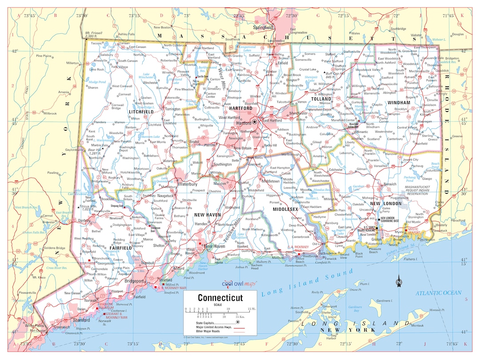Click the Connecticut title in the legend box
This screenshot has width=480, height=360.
coord(220,297)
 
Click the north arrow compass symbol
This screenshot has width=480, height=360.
coord(399,281)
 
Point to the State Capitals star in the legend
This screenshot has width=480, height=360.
coord(238,321)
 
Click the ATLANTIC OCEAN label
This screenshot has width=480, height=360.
coord(439,293)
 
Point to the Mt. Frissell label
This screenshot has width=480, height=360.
coord(94,33)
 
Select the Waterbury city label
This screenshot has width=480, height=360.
coord(187,184)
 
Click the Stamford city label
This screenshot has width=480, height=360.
coord(81,320)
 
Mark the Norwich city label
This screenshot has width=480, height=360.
coord(390,184)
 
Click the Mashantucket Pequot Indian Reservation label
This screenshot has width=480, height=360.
coord(420,190)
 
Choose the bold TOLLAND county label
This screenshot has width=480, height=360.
coord(321,99)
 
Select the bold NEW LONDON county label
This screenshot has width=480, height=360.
coord(386,204)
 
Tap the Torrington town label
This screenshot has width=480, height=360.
coord(173,109)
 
